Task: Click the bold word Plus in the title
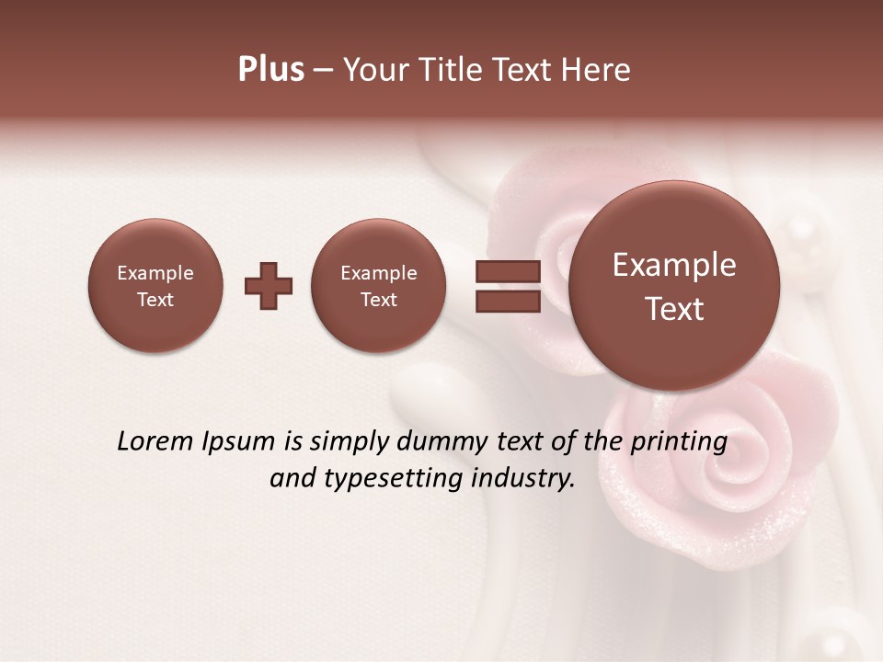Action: [270, 70]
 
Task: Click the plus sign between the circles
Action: [269, 285]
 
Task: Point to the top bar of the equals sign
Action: [507, 271]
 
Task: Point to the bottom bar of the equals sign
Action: [507, 301]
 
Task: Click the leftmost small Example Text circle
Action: [155, 285]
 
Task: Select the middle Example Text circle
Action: [379, 285]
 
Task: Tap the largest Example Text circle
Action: [674, 285]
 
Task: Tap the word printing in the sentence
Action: [678, 442]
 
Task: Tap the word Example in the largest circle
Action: [674, 265]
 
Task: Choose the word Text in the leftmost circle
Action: [155, 300]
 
